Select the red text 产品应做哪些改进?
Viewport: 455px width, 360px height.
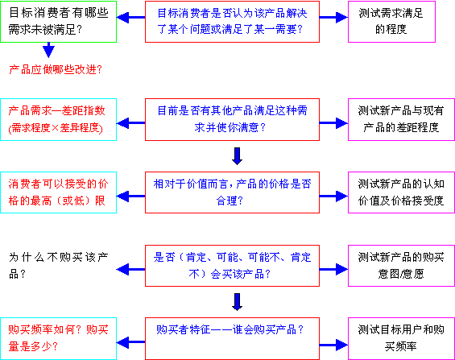56,69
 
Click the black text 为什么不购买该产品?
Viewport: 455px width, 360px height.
58,266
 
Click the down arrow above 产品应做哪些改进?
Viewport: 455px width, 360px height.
48,50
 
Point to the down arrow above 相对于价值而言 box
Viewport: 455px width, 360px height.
237,156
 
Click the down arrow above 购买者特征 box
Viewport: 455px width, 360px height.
237,302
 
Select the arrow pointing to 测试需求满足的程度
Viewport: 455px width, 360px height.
333,18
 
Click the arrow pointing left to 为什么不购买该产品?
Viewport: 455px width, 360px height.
131,270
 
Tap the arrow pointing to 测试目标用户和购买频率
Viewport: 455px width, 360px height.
333,345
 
